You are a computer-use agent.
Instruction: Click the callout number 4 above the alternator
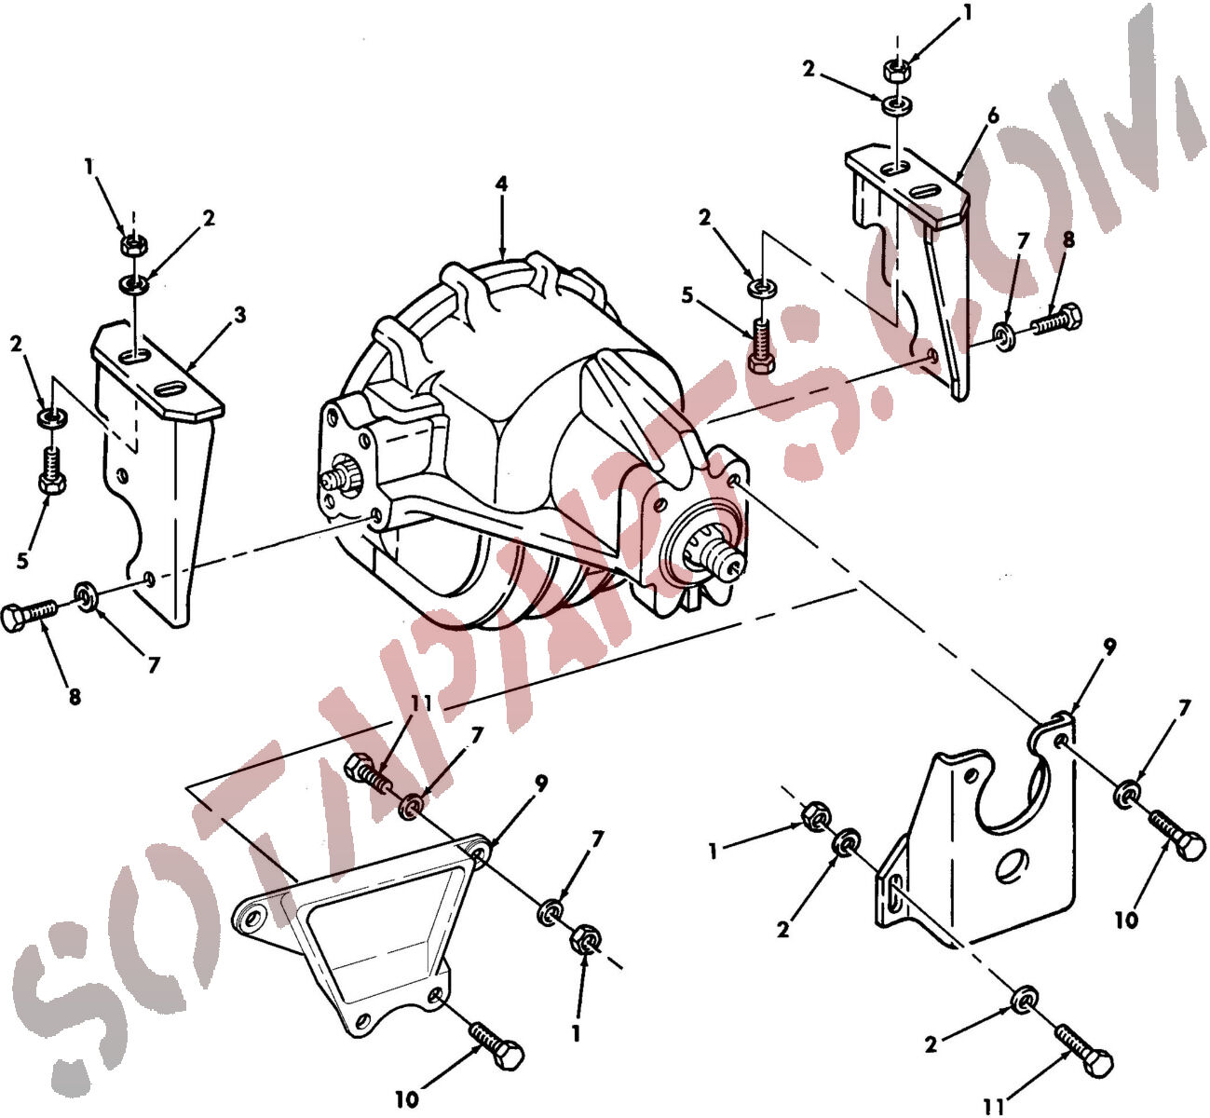tap(501, 184)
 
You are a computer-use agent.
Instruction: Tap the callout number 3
tap(240, 315)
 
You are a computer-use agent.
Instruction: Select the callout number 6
tap(993, 116)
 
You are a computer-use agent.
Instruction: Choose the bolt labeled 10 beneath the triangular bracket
tap(496, 1044)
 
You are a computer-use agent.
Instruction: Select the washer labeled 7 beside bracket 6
tap(1003, 337)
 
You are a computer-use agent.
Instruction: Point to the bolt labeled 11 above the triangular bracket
tap(368, 774)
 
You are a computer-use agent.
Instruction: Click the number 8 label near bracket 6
tap(1068, 240)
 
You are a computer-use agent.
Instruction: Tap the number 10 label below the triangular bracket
tap(407, 1098)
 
